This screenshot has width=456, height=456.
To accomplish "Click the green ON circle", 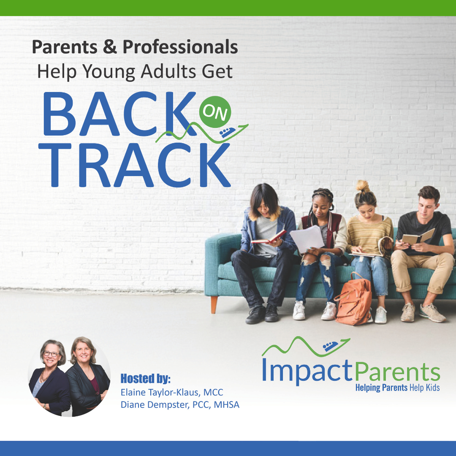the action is point(215,111).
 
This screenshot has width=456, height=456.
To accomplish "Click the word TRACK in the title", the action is point(134,165).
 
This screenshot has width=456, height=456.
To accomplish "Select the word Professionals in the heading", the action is point(180,47).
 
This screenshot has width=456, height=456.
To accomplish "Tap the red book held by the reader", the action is point(269,237).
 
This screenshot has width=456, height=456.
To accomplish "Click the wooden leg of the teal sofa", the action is point(214,304).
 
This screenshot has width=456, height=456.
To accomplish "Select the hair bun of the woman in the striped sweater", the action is point(363,186).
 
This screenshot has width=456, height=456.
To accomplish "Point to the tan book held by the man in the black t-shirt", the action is point(418,236).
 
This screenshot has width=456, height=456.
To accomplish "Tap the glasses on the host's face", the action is point(51,354).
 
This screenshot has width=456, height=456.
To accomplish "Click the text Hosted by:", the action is point(145,379).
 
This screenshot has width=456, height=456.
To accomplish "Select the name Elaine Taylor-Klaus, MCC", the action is point(172,392).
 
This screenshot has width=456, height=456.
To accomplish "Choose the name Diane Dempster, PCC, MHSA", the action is point(180,404).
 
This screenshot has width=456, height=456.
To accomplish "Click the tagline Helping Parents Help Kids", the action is point(398,388).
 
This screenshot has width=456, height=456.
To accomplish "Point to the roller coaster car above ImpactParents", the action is point(330,346).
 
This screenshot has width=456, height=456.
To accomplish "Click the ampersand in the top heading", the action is point(110,47).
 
